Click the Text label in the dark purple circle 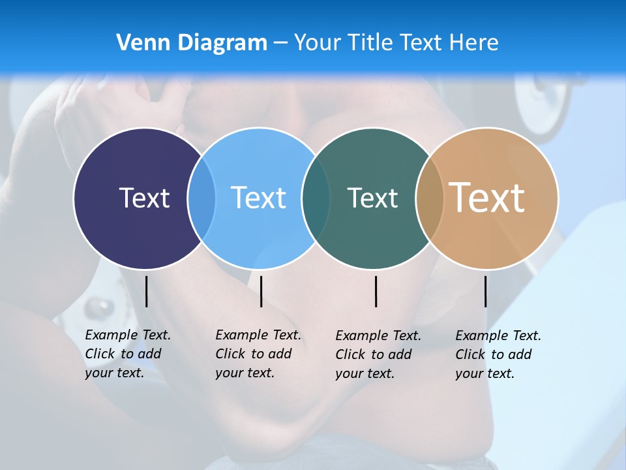click(x=144, y=198)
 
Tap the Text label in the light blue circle click(x=258, y=198)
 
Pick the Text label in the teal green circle click(x=372, y=198)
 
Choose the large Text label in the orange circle click(x=487, y=198)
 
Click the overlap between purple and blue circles click(x=201, y=198)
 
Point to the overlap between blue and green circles click(x=316, y=198)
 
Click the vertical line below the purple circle click(x=146, y=291)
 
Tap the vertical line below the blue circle click(x=261, y=291)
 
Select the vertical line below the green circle click(x=376, y=291)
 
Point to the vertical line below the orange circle click(x=485, y=291)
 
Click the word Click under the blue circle click(x=230, y=354)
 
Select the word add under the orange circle click(x=520, y=354)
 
